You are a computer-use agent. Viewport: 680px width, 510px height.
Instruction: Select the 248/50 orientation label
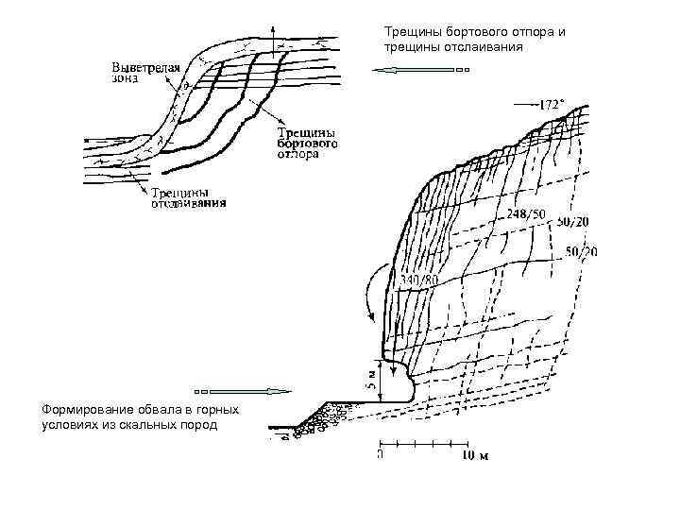point(526,214)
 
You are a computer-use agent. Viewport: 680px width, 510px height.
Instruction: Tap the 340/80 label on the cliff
point(419,280)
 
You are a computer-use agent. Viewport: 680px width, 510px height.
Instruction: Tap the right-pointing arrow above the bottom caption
point(241,390)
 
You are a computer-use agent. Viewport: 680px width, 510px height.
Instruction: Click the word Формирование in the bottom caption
point(83,409)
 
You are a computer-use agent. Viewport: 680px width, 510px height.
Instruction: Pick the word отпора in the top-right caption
point(534,32)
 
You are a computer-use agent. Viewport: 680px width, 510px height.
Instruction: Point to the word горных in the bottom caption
point(219,409)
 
